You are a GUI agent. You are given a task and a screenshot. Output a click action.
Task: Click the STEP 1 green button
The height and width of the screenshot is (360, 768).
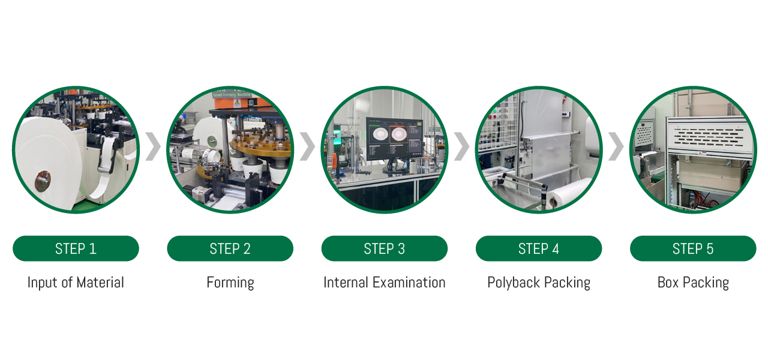coord(76,248)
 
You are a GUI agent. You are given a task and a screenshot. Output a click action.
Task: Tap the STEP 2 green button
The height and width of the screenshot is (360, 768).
coord(230,248)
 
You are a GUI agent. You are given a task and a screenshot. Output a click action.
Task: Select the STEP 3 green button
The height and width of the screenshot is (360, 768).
coord(385,248)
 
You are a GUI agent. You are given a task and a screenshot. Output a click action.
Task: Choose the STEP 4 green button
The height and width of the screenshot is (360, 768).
coord(539,248)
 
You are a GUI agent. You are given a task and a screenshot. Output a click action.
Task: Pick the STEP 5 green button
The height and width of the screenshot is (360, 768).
coord(693,248)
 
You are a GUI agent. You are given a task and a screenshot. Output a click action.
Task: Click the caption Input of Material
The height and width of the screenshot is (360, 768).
coord(76,283)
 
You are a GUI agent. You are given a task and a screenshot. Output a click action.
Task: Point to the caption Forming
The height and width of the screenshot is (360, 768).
coord(230,283)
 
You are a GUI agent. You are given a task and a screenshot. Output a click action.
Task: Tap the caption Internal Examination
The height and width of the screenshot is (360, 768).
coord(385,283)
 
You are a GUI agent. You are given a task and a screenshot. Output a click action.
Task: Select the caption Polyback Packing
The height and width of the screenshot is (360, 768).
coord(539,283)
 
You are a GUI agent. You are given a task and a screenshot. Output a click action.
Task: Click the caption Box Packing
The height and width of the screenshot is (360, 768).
coord(693,283)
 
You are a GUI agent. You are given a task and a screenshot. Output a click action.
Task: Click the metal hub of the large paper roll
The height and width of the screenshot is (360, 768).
coord(43,181)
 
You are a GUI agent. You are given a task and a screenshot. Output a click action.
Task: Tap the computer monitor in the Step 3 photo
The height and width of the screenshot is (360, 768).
coord(394,139)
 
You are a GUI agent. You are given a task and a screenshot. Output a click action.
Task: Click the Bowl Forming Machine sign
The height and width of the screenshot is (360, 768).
coord(232,94)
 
